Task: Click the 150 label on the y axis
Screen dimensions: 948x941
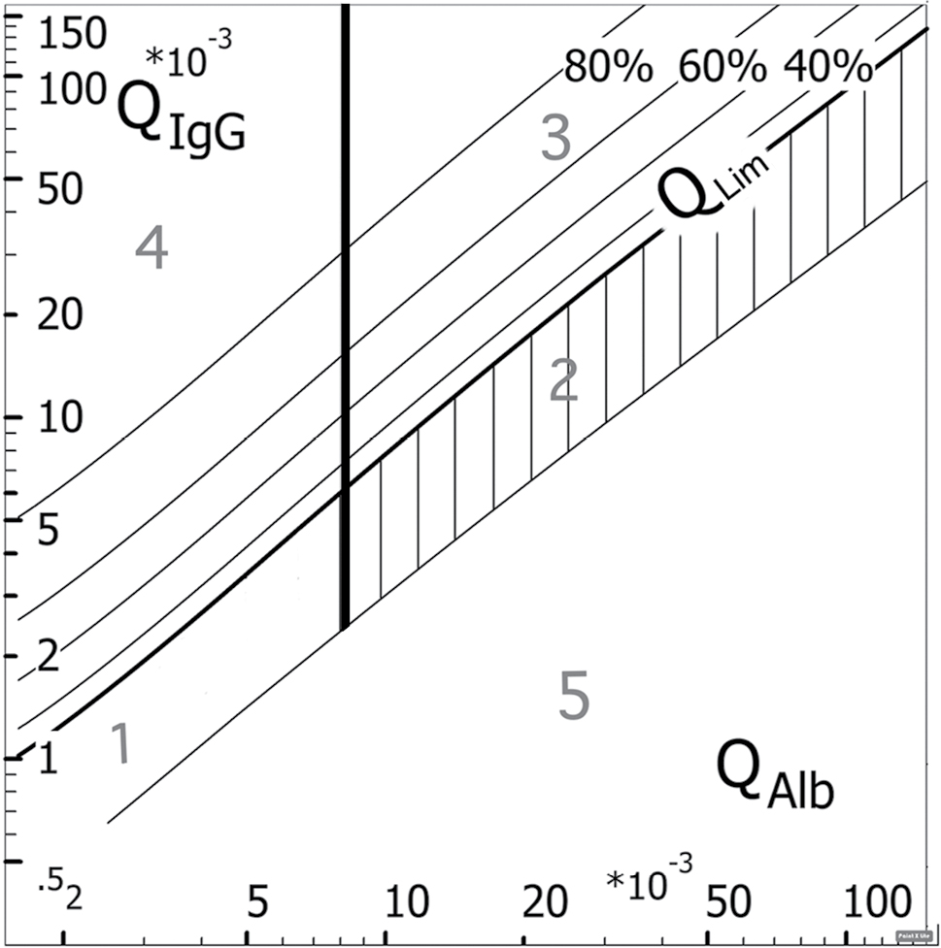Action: [67, 36]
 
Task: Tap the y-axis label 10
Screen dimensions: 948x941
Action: [61, 420]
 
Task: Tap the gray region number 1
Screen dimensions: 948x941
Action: [120, 744]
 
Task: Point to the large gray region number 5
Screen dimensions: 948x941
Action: [575, 695]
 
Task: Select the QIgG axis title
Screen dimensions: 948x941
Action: [181, 115]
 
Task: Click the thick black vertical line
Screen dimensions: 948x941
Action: [345, 291]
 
